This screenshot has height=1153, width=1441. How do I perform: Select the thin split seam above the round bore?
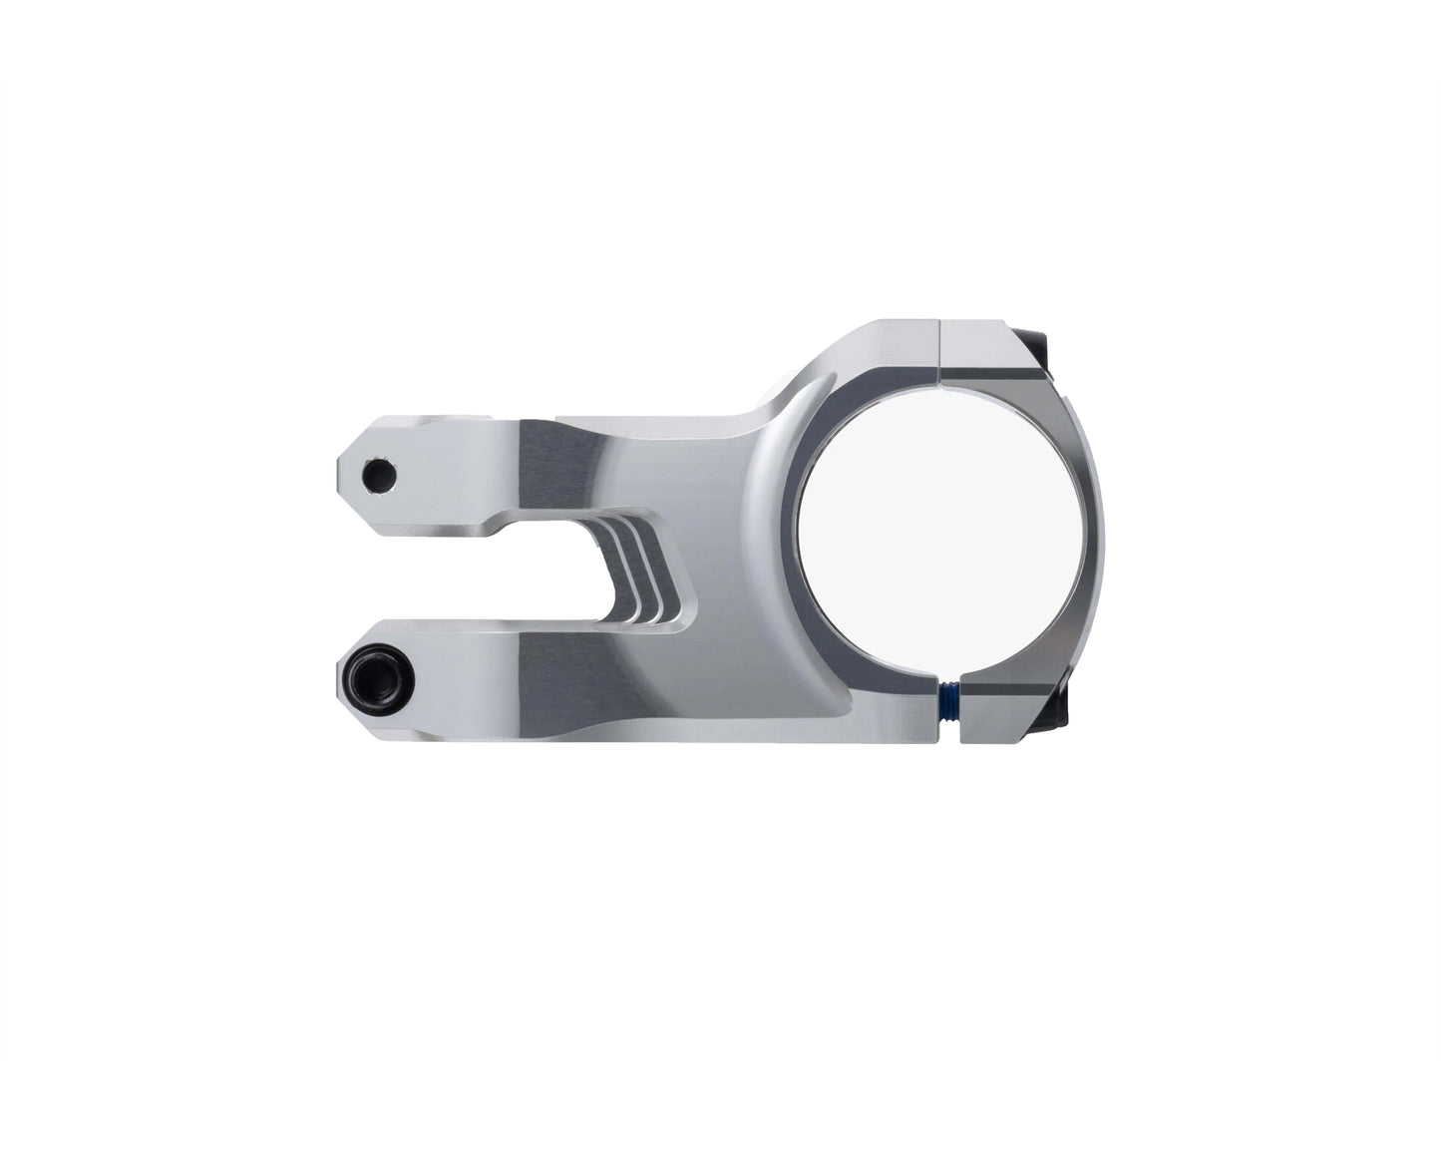(x=940, y=352)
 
